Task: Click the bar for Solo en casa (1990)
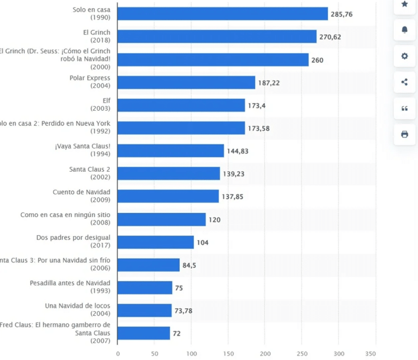pyautogui.click(x=222, y=14)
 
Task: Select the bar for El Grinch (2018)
pyautogui.click(x=217, y=36)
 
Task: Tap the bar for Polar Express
pyautogui.click(x=186, y=82)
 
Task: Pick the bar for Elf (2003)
pyautogui.click(x=181, y=105)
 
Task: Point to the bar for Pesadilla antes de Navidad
pyautogui.click(x=144, y=287)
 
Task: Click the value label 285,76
pyautogui.click(x=342, y=14)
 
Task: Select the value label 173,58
pyautogui.click(x=258, y=128)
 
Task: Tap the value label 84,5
pyautogui.click(x=189, y=265)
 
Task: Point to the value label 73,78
pyautogui.click(x=183, y=310)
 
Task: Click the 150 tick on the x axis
pyautogui.click(x=228, y=354)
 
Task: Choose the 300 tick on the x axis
pyautogui.click(x=339, y=354)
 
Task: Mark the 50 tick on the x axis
pyautogui.click(x=155, y=354)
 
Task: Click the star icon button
pyautogui.click(x=404, y=4)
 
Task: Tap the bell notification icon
pyautogui.click(x=404, y=30)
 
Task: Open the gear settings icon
pyautogui.click(x=404, y=56)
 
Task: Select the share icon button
pyautogui.click(x=404, y=82)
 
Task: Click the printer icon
pyautogui.click(x=404, y=134)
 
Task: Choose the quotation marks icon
pyautogui.click(x=404, y=108)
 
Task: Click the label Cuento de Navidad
pyautogui.click(x=81, y=192)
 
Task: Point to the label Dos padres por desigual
pyautogui.click(x=73, y=238)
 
